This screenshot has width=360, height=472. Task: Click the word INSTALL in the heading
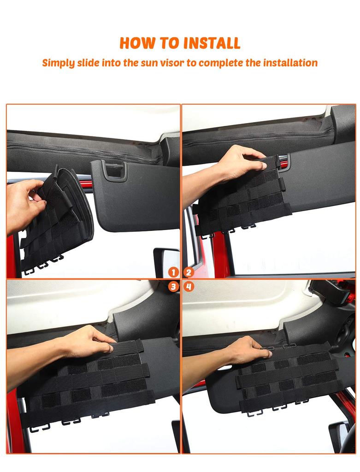[x=212, y=43]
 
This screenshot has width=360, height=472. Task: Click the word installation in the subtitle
[x=290, y=62]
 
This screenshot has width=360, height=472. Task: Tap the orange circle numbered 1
[x=173, y=272]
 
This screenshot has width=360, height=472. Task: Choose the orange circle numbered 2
[x=189, y=272]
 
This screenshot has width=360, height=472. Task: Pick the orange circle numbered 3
[x=173, y=286]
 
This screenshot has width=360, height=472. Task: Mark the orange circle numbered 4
[x=189, y=286]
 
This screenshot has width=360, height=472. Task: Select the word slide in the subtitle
[x=88, y=62]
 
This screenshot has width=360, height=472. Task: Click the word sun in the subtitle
[x=148, y=63]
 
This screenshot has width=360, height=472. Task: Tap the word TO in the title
[x=170, y=43]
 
